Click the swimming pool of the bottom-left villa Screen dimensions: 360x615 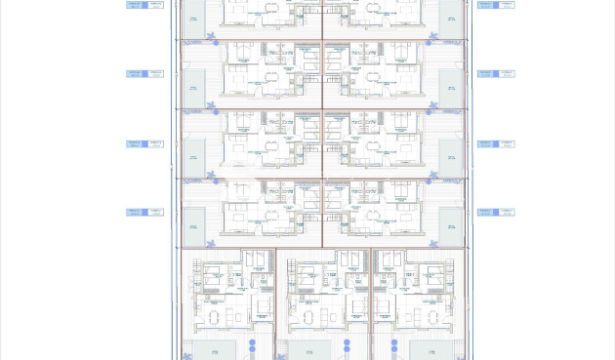coord(208,349)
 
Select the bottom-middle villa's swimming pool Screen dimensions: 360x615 coord(307,349)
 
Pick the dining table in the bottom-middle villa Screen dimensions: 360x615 coord(308,317)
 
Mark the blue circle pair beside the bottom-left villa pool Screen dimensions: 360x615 coord(251,346)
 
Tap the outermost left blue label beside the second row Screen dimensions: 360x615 coord(135,73)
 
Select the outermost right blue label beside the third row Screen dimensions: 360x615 coord(506,143)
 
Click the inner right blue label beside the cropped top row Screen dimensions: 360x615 coord(485,5)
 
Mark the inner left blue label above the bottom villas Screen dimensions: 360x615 coord(155,212)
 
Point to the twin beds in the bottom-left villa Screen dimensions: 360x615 coord(256,258)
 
